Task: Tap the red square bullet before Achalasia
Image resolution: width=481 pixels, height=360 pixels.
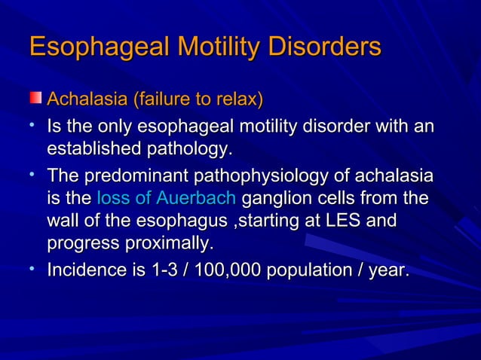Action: tap(36, 99)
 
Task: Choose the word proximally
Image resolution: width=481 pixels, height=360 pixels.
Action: tap(168, 244)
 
